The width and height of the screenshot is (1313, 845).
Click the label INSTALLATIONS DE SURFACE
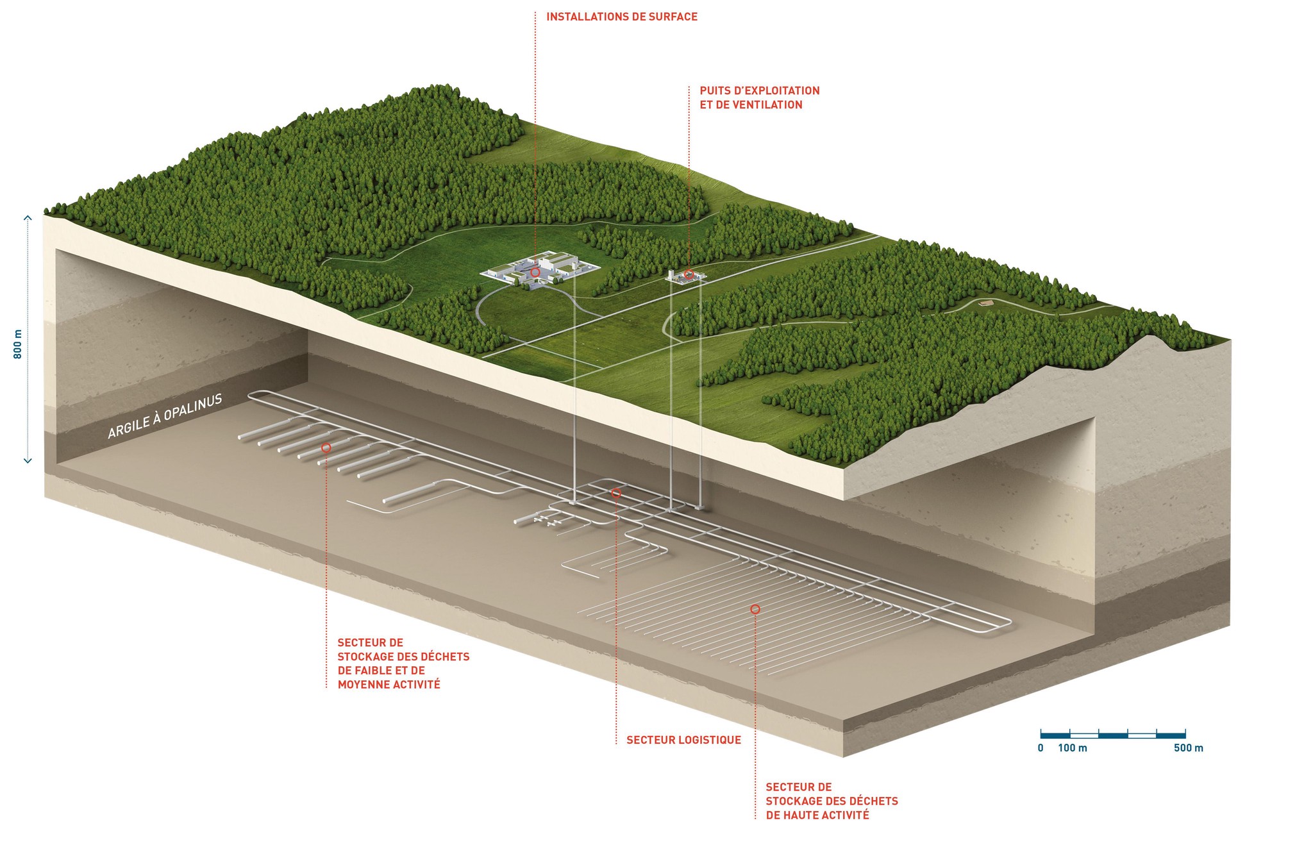[621, 17]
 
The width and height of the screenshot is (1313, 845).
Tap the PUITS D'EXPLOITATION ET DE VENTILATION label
[759, 97]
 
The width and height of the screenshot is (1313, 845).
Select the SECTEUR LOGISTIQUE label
[683, 740]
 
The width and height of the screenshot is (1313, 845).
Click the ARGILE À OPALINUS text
[165, 416]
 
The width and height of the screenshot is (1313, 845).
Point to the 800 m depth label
[18, 344]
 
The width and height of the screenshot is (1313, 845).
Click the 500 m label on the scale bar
[1188, 748]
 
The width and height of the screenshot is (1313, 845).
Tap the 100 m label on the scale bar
[1072, 748]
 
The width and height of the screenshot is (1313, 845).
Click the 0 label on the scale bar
[1041, 748]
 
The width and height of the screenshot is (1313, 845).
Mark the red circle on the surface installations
[535, 272]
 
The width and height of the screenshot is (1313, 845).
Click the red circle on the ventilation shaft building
[689, 274]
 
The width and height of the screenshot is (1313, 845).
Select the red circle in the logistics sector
[616, 493]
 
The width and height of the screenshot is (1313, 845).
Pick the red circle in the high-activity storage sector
[755, 609]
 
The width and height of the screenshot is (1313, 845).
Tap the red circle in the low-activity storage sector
[326, 448]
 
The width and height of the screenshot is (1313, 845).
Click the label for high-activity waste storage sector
[832, 801]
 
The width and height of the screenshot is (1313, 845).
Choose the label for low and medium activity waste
[403, 664]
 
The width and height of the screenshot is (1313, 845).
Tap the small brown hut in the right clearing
[985, 303]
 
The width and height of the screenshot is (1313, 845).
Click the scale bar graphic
[1112, 733]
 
